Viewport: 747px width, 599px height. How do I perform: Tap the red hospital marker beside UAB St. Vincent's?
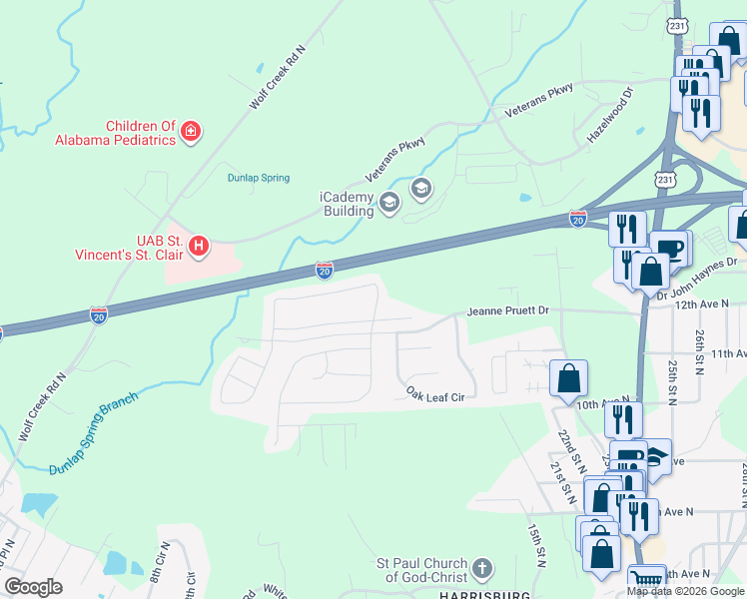(x=199, y=245)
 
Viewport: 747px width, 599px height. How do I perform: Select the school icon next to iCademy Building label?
(x=388, y=205)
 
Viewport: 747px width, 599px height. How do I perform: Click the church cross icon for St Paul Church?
(x=481, y=569)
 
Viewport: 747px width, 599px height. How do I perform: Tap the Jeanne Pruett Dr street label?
(x=508, y=311)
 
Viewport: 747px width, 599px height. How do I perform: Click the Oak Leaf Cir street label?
(x=436, y=394)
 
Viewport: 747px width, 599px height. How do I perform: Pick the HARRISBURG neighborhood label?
(x=482, y=594)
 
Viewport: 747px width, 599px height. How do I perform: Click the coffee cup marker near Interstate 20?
(x=668, y=247)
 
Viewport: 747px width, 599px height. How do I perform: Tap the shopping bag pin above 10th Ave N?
(x=568, y=378)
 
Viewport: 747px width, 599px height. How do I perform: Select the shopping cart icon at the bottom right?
(x=647, y=580)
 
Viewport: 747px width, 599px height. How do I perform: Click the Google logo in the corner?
(x=33, y=587)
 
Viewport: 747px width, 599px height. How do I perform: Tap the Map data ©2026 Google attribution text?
(x=685, y=591)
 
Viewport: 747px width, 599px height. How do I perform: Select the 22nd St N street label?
(x=570, y=449)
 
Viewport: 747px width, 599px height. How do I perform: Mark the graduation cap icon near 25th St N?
(x=654, y=456)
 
